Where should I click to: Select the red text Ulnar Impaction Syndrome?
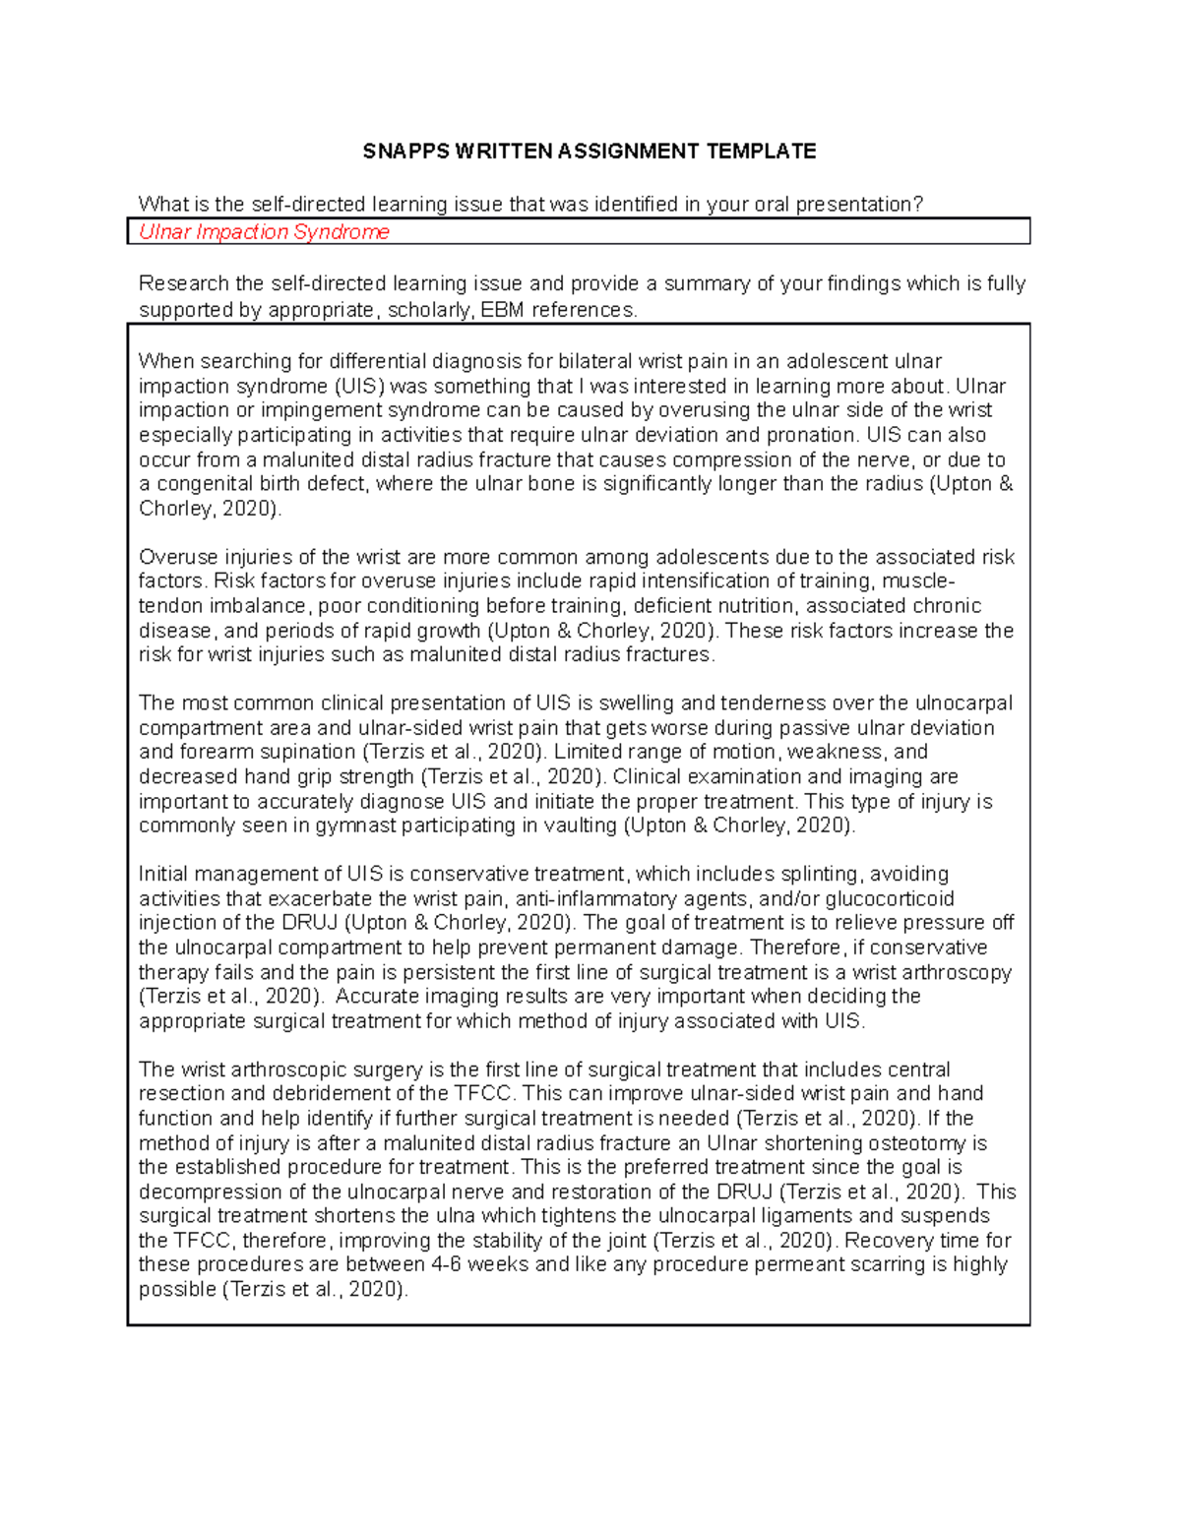click(264, 232)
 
